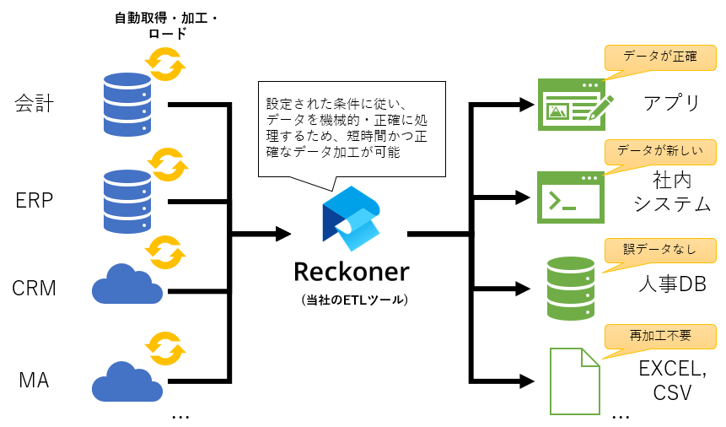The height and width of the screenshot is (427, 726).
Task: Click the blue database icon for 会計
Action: (x=126, y=104)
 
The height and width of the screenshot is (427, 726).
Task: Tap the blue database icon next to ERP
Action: (x=126, y=201)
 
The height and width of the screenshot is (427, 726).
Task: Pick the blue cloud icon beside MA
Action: (x=127, y=381)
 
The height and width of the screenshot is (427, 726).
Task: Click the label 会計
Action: (x=35, y=104)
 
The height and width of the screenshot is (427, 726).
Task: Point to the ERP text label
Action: (x=35, y=201)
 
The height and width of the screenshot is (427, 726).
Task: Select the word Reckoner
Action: (x=352, y=272)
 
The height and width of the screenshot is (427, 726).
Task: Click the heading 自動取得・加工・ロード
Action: (x=166, y=24)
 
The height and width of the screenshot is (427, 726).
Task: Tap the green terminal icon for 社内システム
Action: (x=570, y=197)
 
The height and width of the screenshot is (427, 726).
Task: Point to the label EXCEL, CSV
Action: (x=672, y=381)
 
